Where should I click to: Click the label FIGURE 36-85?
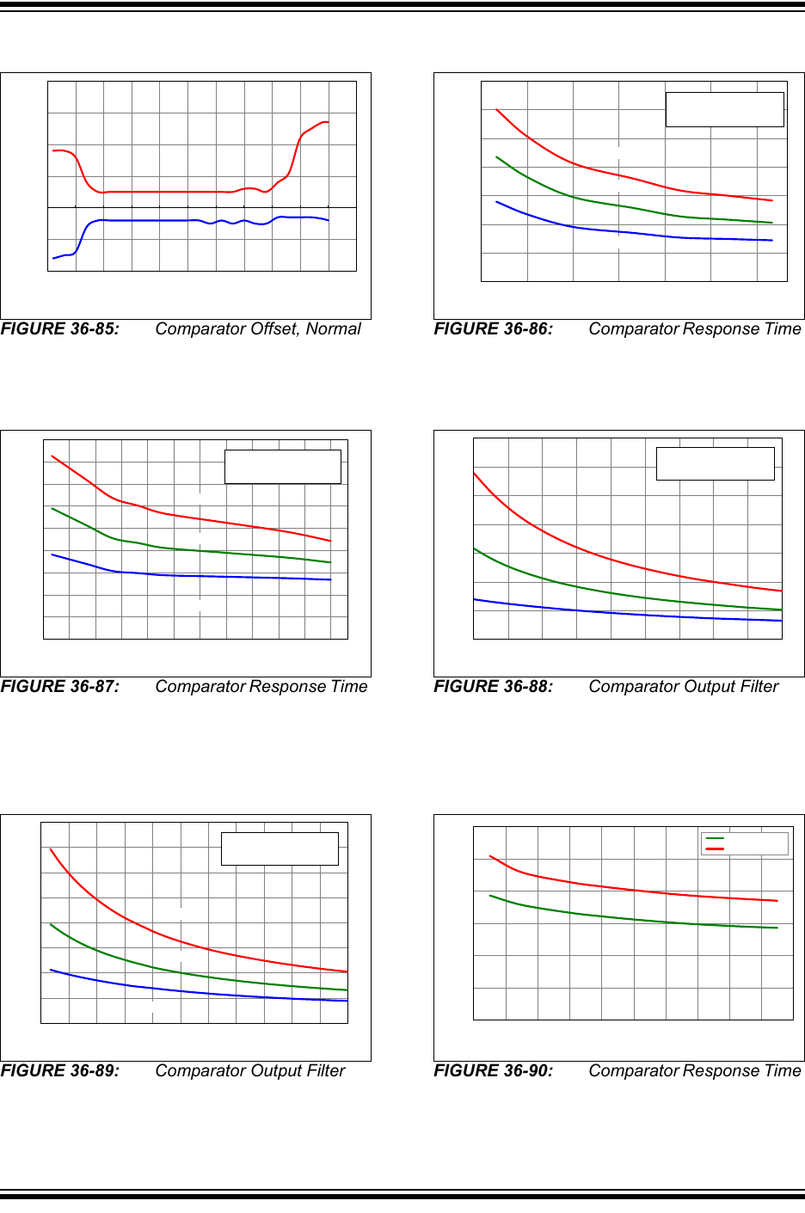[60, 329]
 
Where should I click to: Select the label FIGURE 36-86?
[494, 329]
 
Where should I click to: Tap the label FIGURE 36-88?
[494, 687]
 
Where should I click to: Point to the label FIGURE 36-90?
[494, 1071]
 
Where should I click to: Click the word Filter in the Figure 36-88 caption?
[757, 687]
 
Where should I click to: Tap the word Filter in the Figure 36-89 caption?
[323, 1071]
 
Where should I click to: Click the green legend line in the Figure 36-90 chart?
[715, 838]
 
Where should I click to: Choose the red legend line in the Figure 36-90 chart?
[715, 849]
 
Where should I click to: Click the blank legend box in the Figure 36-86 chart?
[725, 110]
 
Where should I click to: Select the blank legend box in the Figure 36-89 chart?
[280, 848]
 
